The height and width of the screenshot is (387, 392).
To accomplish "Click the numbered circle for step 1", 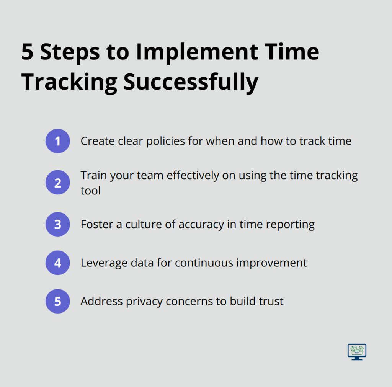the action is [x=58, y=141].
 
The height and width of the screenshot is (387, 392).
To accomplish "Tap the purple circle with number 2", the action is [x=58, y=183].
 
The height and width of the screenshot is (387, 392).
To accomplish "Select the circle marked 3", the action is [x=58, y=224].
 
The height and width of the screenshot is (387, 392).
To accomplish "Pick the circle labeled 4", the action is [x=58, y=263].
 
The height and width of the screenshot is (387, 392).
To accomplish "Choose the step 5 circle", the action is [x=58, y=301].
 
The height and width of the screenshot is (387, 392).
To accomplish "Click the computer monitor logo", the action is [x=357, y=352].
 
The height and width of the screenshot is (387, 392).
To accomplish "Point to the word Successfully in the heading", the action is [x=191, y=83].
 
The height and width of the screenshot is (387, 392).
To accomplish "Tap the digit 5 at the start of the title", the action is [x=28, y=52].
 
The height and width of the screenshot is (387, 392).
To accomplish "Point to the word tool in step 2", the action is [x=90, y=191].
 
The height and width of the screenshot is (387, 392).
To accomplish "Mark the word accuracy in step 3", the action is [x=201, y=225].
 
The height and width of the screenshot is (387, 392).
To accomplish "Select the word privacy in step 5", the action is [x=144, y=302].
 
